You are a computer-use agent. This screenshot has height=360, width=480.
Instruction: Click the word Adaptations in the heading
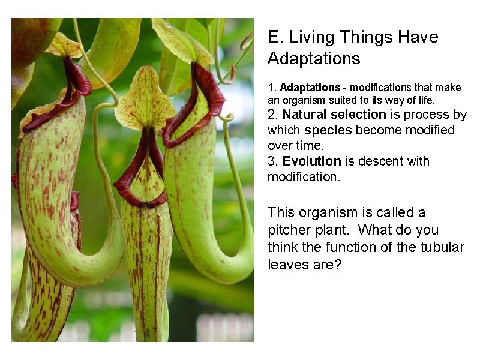coord(314,59)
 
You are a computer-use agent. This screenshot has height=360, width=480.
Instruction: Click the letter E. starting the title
coord(275,37)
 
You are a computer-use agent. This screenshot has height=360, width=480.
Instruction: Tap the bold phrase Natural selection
coord(334,114)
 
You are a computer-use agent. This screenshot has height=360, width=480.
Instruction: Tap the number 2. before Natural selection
coord(273,114)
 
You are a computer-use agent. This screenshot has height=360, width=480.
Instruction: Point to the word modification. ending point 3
coord(303,177)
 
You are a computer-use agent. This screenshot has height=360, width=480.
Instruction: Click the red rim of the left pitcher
coord(72,90)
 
